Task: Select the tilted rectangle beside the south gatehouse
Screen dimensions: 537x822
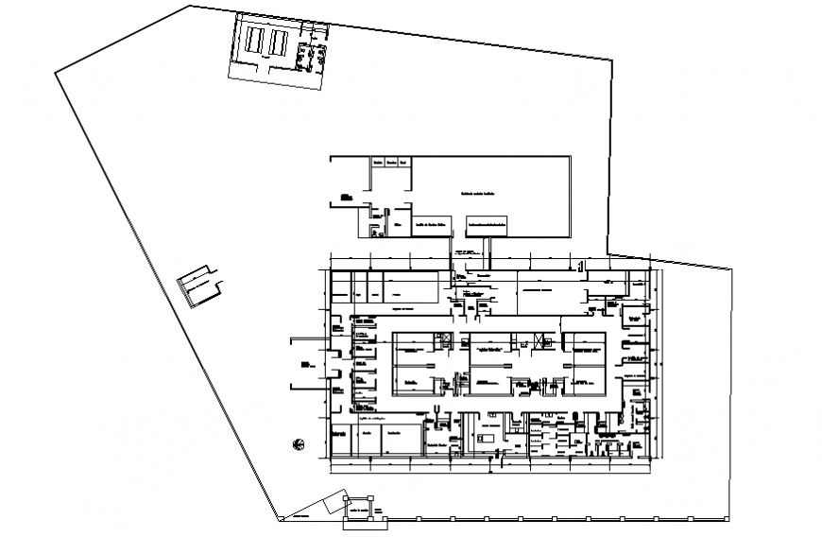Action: (x=331, y=506)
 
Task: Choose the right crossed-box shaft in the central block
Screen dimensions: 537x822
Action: (x=539, y=341)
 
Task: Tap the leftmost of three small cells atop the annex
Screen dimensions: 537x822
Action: (x=376, y=163)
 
